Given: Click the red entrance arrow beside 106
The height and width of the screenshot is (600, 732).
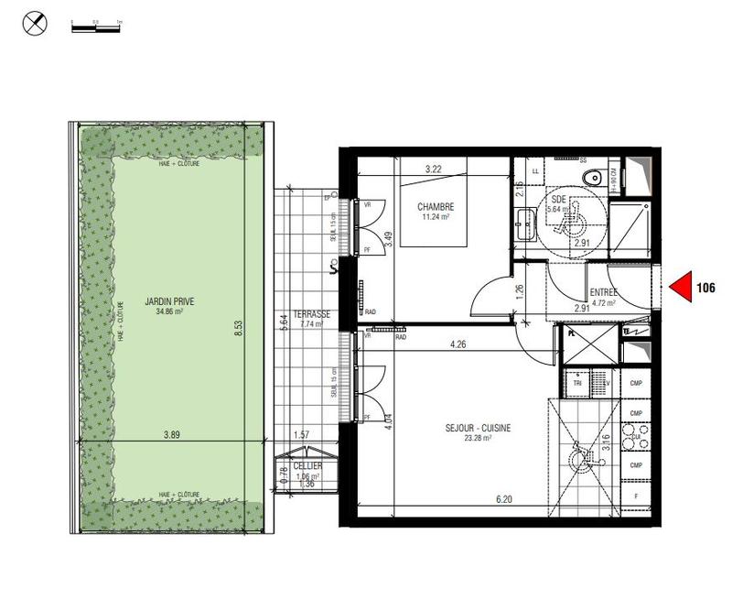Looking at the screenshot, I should tap(679, 289).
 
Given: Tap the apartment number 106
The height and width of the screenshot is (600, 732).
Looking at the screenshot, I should tap(705, 288).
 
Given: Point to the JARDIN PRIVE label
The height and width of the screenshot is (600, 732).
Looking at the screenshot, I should tap(169, 300).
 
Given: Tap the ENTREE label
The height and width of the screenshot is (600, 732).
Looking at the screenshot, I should tap(604, 292).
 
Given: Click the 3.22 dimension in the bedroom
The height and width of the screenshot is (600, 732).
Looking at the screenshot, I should tap(433, 169).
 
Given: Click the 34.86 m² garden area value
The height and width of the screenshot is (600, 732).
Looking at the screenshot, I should tap(169, 311).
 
